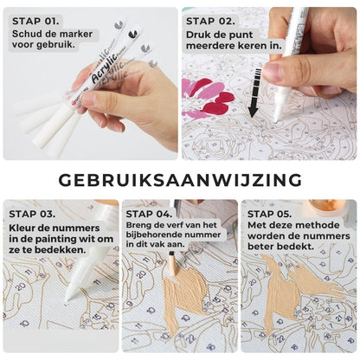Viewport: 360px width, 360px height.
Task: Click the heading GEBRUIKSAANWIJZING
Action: (x=180, y=181)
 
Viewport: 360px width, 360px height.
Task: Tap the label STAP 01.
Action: (x=35, y=22)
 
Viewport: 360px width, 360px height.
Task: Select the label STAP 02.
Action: (x=210, y=22)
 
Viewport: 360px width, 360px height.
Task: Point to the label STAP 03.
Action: (x=32, y=214)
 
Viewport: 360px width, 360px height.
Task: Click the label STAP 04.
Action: (x=149, y=214)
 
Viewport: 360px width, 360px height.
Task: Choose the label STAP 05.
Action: (x=269, y=214)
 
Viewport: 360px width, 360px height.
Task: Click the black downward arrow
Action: (x=254, y=93)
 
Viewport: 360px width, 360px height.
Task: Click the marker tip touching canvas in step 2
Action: (x=276, y=119)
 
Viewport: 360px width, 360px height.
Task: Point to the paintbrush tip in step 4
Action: (x=171, y=254)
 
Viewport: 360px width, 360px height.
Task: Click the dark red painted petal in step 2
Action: (x=218, y=105)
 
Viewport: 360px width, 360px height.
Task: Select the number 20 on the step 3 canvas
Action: (x=21, y=286)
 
